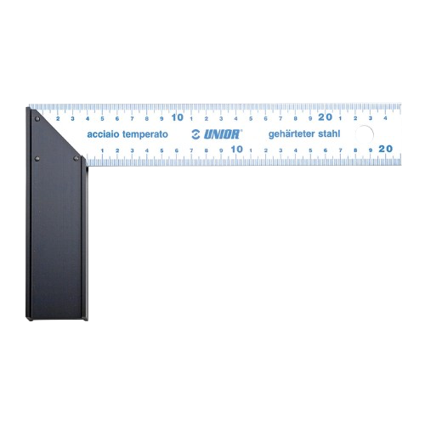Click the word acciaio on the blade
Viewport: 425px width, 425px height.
(103, 134)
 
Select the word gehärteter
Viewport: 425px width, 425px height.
(292, 134)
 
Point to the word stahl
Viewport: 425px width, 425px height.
(329, 133)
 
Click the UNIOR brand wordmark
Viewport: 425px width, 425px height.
(222, 134)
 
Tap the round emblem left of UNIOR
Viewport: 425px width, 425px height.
(195, 134)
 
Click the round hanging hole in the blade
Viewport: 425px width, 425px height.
(365, 134)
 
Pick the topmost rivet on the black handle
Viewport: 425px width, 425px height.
(37, 119)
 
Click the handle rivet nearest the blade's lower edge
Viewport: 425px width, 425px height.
(76, 158)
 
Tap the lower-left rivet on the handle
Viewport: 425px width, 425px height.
(37, 159)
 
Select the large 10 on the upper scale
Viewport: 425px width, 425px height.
(178, 117)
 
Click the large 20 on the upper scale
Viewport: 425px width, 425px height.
(325, 117)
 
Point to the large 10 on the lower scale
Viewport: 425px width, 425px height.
(237, 149)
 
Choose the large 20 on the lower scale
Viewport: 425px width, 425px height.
(386, 149)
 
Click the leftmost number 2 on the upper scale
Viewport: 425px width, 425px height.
(58, 118)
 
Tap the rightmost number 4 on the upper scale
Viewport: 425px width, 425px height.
(385, 118)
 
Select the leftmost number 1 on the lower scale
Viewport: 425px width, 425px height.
(102, 150)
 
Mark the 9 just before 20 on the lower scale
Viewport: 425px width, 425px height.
(371, 150)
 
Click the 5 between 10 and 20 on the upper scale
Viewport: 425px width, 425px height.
(251, 118)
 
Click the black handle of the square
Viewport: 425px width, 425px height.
(56, 227)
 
